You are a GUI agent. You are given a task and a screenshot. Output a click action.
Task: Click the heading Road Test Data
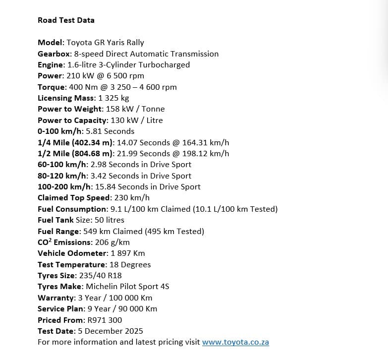coord(66,20)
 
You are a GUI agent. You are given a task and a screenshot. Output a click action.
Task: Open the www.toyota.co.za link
coord(235,342)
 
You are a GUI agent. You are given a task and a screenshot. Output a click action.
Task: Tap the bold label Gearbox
coord(54,54)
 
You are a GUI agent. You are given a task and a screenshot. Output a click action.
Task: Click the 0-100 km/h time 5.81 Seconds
coord(110,131)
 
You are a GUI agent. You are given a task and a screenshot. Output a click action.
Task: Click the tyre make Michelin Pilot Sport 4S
coord(127,286)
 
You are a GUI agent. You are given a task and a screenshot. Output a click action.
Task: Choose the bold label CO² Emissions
coord(64,242)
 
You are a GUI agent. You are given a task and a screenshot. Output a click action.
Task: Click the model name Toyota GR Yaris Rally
coord(105,43)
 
